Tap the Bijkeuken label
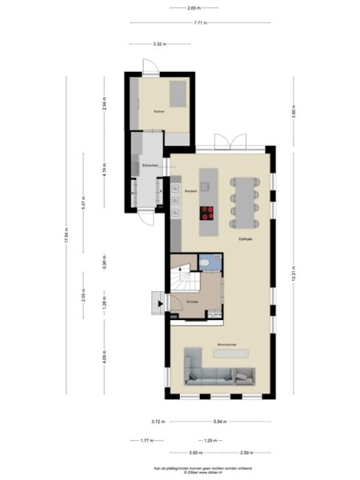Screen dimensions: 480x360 (x=150, y=165)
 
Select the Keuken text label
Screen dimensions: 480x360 (x=190, y=191)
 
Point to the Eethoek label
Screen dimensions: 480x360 (x=246, y=238)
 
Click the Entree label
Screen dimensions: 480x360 (x=192, y=301)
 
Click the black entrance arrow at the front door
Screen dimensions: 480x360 (x=160, y=302)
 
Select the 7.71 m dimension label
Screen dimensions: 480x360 (x=200, y=23)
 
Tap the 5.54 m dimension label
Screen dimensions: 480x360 (x=218, y=420)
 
